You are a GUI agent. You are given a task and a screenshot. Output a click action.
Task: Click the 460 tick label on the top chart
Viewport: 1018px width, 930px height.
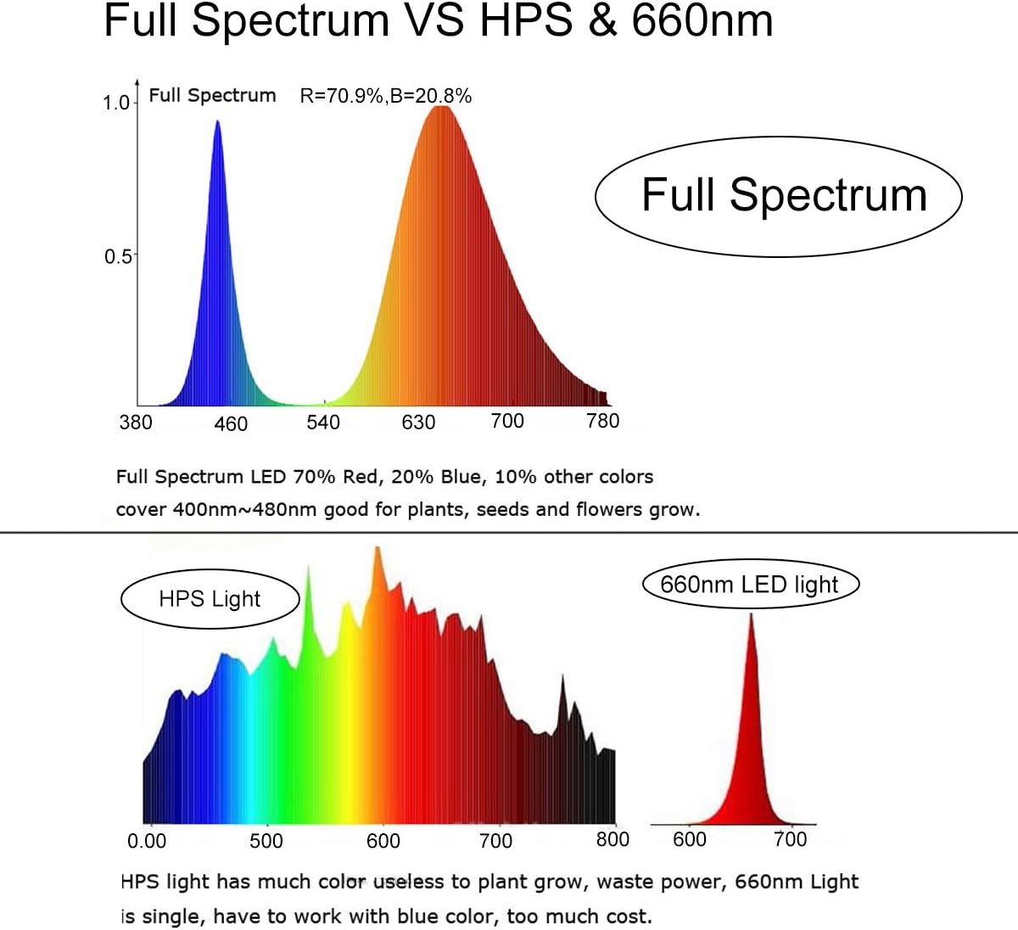coord(231,423)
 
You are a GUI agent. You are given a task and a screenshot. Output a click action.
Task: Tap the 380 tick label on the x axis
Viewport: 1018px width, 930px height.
coord(136,422)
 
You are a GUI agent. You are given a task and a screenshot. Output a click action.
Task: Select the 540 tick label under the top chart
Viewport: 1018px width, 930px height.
coord(323,423)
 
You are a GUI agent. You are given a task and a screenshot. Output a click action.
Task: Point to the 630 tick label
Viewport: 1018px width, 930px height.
coord(418,423)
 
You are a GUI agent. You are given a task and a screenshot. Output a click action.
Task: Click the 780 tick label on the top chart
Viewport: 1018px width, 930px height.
coord(603,421)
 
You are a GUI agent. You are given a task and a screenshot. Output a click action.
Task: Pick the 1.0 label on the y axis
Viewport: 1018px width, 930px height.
coord(116,103)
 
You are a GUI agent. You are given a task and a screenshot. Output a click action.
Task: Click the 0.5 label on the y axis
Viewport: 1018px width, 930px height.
coord(118,256)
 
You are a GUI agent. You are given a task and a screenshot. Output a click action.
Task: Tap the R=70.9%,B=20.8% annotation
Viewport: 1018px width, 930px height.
coord(386,96)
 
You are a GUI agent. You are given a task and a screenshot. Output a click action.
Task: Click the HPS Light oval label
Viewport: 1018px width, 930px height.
coord(210,599)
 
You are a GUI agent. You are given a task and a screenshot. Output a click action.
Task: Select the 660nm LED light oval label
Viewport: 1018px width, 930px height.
coord(750,585)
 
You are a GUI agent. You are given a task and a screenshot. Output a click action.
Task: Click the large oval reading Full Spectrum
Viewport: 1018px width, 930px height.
coord(779,196)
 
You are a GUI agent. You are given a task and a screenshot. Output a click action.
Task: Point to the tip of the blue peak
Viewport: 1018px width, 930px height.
coord(217,122)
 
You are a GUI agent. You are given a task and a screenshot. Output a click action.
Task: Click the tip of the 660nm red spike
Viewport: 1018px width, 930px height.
coord(751,614)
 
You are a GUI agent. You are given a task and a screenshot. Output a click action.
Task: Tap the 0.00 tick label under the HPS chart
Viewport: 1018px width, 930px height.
coord(147,841)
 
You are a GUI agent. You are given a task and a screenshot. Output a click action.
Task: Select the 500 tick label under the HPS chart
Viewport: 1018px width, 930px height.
coord(266,841)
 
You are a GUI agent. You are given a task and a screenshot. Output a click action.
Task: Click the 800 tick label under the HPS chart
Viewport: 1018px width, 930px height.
coord(612,840)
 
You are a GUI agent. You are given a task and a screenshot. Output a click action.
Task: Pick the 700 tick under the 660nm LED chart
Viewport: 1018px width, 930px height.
coord(790,839)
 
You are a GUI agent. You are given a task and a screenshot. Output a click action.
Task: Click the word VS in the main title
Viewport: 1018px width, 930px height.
coord(433,20)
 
